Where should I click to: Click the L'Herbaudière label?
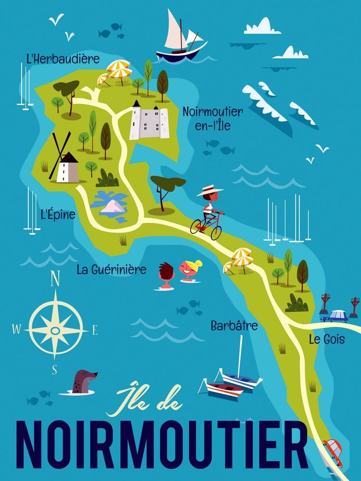(x=63, y=60)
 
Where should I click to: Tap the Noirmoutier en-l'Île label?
(x=212, y=118)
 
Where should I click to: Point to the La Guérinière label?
(x=111, y=269)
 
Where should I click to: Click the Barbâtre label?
(x=234, y=326)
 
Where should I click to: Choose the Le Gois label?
(x=327, y=340)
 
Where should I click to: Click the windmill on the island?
(x=65, y=164)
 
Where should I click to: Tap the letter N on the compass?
(x=55, y=279)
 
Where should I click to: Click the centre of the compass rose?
(x=55, y=330)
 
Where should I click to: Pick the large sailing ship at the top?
(x=181, y=41)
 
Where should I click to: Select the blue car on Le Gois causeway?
(x=336, y=316)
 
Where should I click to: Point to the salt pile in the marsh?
(x=114, y=206)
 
